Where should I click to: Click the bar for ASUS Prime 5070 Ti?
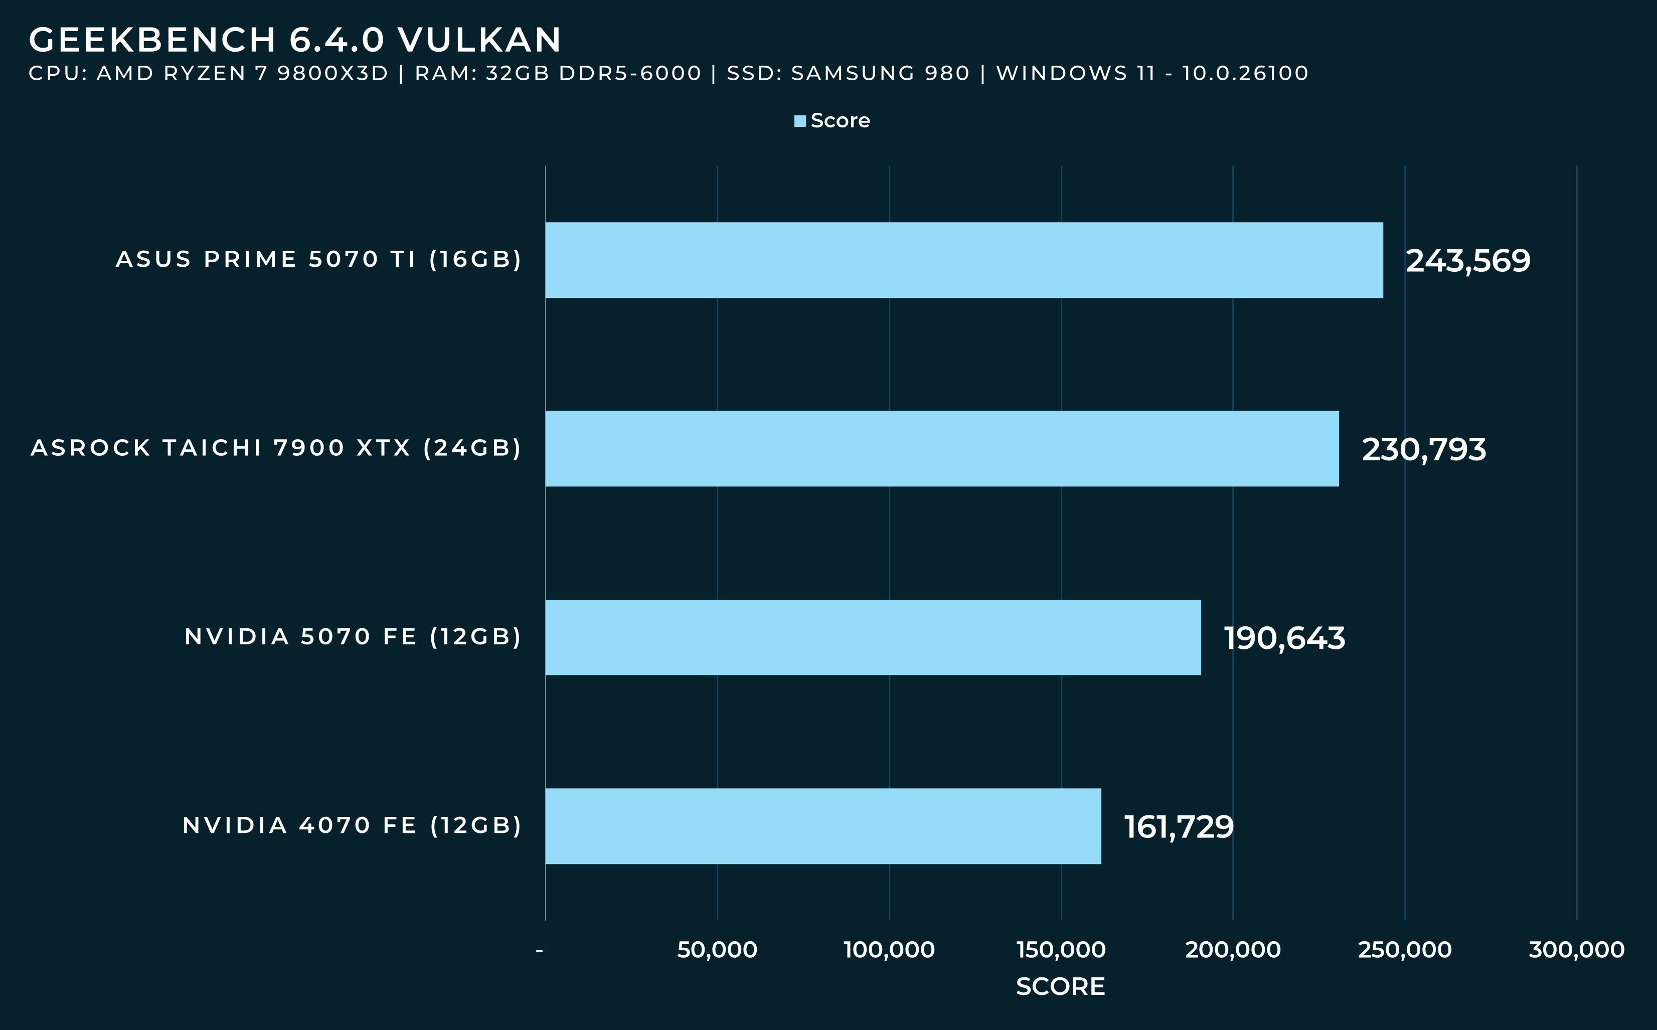pos(963,260)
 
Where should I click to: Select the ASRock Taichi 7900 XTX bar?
pos(942,448)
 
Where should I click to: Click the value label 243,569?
pos(1467,261)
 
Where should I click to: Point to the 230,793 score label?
pos(1423,450)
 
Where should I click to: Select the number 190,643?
pos(1284,638)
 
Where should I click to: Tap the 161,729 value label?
pos(1179,827)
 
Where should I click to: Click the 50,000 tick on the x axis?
pos(717,950)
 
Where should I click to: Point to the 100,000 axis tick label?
pos(889,950)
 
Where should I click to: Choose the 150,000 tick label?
pos(1061,950)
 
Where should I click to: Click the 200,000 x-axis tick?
pos(1233,950)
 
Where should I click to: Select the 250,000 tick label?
pos(1404,950)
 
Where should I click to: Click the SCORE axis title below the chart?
pos(1060,986)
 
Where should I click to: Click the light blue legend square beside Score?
pos(800,121)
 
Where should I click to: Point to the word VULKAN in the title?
pos(479,40)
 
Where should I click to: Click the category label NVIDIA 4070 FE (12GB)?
pos(352,825)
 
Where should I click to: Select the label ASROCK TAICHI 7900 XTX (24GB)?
pos(276,448)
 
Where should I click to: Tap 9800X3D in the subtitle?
pos(333,73)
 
